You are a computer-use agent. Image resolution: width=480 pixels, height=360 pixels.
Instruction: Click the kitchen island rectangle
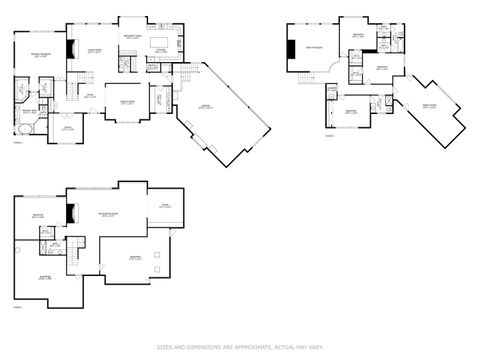tap(159, 45)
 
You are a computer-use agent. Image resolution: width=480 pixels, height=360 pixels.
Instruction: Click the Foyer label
tap(90, 95)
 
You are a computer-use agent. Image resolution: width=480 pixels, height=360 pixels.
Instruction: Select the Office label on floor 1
tap(69, 128)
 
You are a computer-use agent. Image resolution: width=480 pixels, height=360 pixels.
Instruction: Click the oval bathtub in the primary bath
tap(25, 130)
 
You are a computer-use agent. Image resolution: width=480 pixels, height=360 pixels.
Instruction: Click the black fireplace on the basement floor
tap(70, 213)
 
